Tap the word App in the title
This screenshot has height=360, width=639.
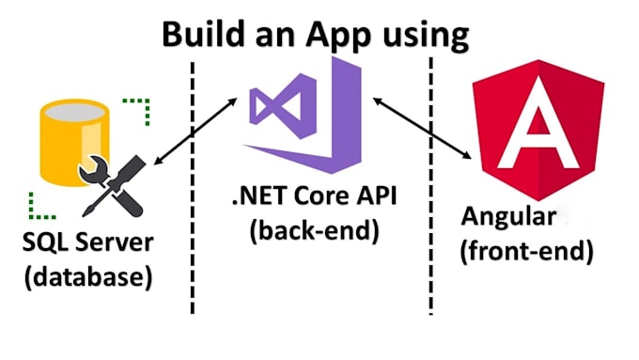(338, 37)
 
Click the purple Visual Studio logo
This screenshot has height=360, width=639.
(304, 115)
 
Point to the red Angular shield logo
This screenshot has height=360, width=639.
(538, 130)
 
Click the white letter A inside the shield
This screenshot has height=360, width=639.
(538, 122)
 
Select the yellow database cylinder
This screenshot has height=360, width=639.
(74, 142)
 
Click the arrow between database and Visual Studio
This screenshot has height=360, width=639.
(195, 132)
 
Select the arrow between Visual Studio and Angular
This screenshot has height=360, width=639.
(422, 128)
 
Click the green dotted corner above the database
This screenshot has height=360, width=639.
(137, 111)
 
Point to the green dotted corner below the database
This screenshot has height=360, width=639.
(41, 206)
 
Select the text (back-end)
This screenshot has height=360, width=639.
(315, 231)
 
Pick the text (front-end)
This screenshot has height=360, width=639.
(526, 251)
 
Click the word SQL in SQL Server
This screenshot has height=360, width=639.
(46, 243)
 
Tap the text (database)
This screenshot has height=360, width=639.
(88, 277)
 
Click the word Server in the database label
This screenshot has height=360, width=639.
(115, 242)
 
